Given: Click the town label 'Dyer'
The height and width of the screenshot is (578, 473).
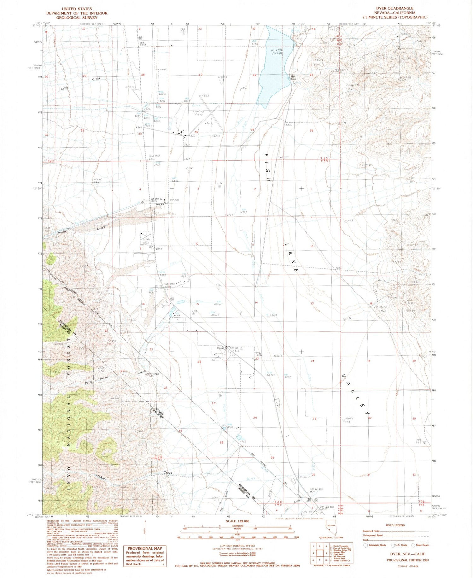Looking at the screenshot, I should [220, 348].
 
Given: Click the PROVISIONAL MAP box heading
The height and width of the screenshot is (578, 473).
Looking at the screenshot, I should [145, 548].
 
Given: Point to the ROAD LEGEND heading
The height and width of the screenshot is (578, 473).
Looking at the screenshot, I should [395, 525].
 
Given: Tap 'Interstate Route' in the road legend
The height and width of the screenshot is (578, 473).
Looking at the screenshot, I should [377, 545].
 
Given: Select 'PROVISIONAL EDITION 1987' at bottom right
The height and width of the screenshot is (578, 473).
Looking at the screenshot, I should [407, 560].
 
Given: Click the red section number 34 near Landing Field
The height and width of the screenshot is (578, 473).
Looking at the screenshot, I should [196, 132].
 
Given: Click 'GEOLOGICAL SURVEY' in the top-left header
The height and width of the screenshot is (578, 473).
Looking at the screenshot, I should [77, 18].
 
